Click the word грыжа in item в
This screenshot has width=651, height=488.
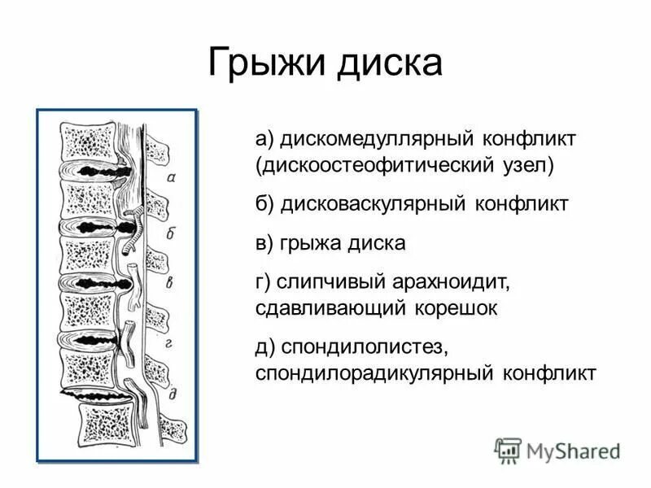(x=315, y=242)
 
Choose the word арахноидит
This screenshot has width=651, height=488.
(x=449, y=281)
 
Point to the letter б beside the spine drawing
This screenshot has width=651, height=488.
(x=172, y=233)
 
